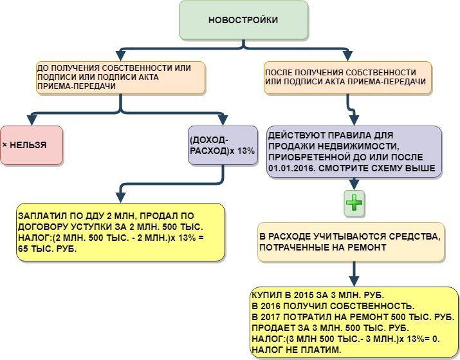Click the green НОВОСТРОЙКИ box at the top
(243, 20)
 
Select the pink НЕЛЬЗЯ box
(31, 145)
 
